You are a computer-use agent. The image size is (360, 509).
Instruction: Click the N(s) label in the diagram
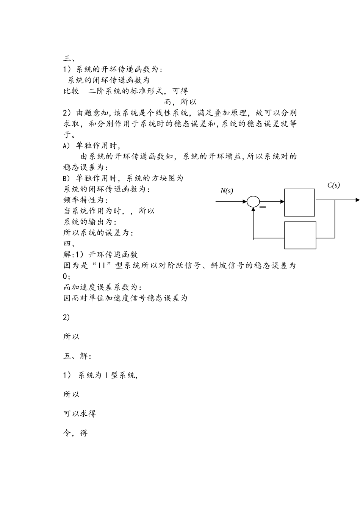coord(227,191)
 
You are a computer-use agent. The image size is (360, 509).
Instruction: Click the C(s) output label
coord(333,185)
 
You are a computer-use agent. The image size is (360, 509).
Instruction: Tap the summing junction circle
coord(253,202)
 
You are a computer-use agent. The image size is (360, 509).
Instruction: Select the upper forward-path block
coord(299,203)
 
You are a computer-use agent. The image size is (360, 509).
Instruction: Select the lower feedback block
coord(300,235)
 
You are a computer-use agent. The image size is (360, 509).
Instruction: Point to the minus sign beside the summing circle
coord(263,207)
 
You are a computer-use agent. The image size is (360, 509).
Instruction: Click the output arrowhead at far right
coord(357,200)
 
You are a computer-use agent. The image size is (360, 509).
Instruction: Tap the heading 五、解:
coord(77,356)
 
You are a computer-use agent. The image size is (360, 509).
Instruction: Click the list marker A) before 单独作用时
coord(66,146)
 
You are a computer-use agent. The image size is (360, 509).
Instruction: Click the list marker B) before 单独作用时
coord(66,178)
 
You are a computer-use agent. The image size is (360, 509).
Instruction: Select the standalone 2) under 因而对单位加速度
coord(66,317)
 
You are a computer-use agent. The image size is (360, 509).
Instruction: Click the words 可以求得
coord(80,413)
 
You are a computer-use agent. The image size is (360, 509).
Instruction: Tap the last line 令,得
coord(75,433)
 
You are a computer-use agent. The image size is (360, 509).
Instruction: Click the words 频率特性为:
coord(86,200)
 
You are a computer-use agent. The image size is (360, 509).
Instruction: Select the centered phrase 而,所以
coord(180,102)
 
